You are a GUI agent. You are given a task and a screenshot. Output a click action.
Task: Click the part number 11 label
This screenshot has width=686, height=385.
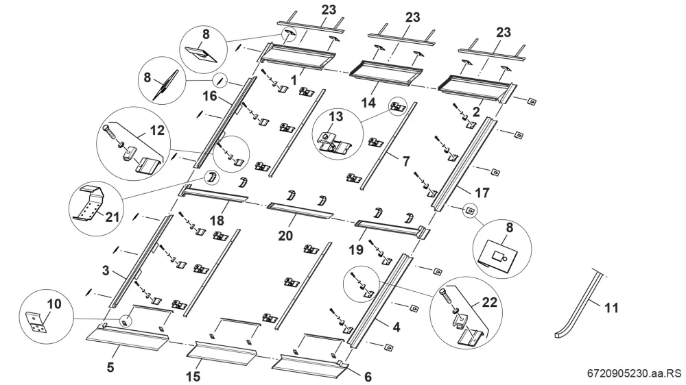click(x=611, y=308)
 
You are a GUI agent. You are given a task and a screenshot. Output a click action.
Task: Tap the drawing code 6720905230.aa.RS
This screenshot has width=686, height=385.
click(x=634, y=373)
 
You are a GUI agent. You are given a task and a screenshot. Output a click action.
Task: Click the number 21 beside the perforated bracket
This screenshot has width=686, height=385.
click(x=112, y=216)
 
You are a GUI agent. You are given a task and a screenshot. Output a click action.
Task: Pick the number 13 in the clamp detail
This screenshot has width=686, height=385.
click(x=336, y=117)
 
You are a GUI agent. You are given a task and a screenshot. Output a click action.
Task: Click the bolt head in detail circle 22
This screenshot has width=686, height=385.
click(x=444, y=293)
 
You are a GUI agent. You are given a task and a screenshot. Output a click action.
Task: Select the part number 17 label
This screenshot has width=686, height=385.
click(x=482, y=192)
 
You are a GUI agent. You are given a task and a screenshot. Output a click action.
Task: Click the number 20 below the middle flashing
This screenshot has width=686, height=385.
click(x=285, y=236)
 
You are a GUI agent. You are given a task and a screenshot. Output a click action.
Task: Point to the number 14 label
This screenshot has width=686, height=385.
click(x=368, y=103)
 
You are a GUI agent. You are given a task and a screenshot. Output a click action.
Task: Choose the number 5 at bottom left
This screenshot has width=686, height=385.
click(x=110, y=367)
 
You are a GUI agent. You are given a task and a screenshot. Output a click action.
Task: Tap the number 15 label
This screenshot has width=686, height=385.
click(x=193, y=376)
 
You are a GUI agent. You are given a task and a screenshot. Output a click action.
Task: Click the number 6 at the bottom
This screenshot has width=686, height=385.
click(x=368, y=376)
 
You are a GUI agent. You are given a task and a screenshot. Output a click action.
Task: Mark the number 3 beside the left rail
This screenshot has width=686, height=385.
click(x=106, y=271)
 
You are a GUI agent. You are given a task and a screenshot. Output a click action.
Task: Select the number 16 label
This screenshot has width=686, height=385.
click(x=210, y=96)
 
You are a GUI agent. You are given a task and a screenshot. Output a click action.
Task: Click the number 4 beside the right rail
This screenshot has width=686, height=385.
click(x=396, y=327)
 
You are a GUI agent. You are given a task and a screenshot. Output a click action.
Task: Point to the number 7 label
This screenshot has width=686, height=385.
click(x=405, y=161)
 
